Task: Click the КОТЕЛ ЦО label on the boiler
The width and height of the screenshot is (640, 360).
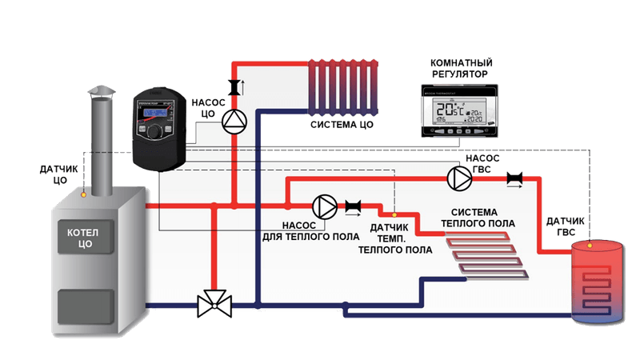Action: click(82, 236)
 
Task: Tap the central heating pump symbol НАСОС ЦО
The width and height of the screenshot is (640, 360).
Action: click(234, 121)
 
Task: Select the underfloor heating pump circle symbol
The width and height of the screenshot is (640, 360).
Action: click(323, 206)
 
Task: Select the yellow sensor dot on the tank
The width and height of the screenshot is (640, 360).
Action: click(590, 241)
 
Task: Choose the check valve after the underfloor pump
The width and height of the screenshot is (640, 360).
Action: click(354, 207)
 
